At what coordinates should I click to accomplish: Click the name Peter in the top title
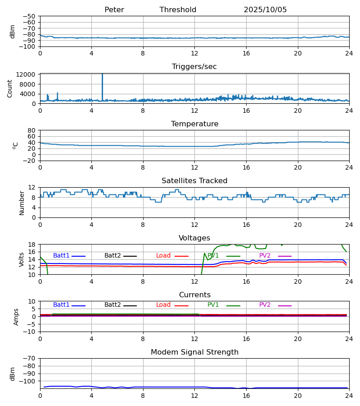[114, 10]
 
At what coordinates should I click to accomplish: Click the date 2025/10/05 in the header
[265, 10]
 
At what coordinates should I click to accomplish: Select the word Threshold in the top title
[178, 10]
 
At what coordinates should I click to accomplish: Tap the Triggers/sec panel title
[194, 67]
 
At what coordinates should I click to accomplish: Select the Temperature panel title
[194, 124]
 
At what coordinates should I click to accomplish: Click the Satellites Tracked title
[194, 181]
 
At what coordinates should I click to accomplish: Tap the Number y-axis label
[22, 203]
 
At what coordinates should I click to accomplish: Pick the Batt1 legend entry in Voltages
[62, 256]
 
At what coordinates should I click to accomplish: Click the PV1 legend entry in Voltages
[213, 256]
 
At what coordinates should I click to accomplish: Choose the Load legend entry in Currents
[163, 305]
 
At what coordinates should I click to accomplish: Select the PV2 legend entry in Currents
[265, 305]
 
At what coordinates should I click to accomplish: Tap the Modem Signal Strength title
[194, 352]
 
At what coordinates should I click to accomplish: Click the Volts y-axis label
[22, 259]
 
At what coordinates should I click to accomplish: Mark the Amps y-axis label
[17, 317]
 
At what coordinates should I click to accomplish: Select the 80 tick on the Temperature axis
[32, 130]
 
